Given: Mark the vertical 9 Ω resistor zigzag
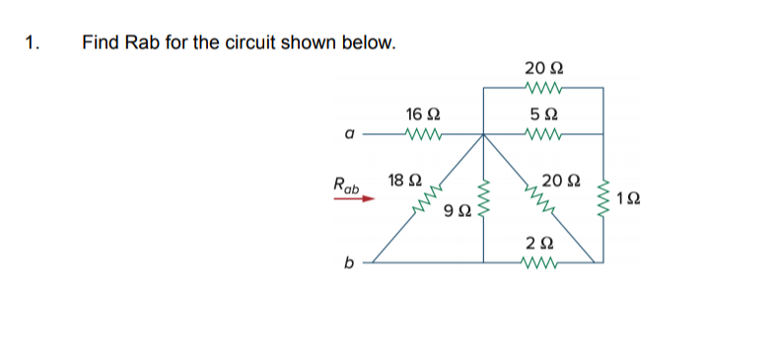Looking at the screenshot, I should point(483,203).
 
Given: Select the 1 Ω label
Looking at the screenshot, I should point(628,200).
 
